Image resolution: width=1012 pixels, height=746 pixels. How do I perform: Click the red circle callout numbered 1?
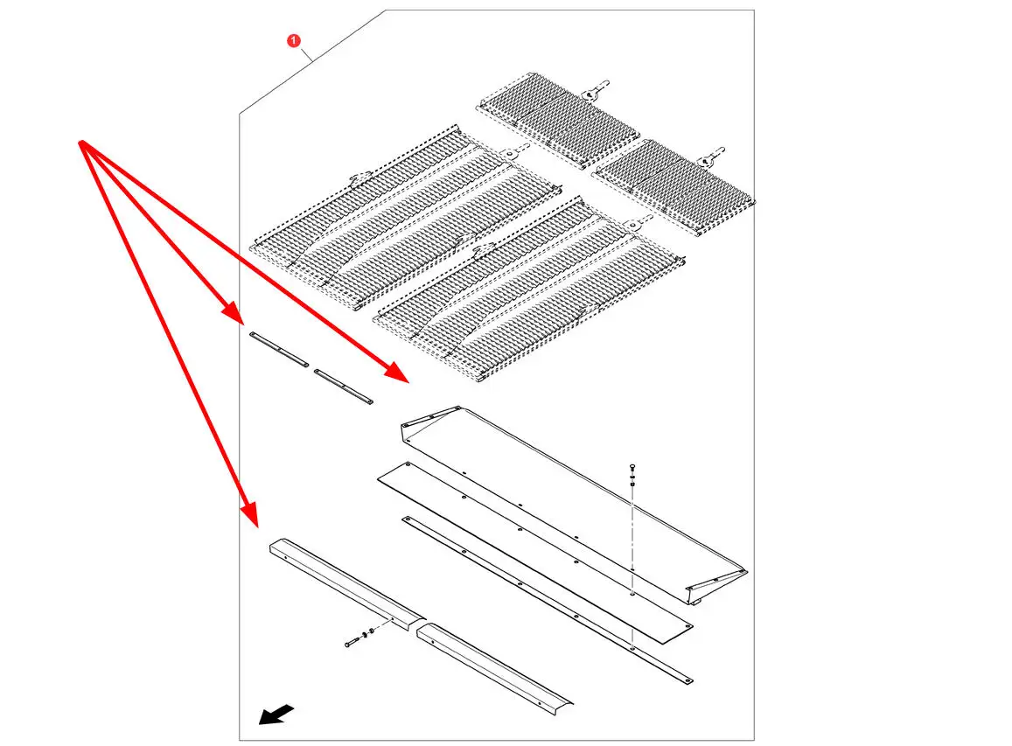[294, 40]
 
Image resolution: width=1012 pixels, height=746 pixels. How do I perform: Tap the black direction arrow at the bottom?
[276, 715]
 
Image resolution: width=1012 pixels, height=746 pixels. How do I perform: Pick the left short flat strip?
[279, 349]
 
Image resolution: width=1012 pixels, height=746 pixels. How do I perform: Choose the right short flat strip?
[344, 387]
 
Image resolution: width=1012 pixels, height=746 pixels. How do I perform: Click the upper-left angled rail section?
[347, 584]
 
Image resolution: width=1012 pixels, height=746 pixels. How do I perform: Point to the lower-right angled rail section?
[495, 668]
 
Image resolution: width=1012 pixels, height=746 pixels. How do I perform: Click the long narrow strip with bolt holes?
[548, 599]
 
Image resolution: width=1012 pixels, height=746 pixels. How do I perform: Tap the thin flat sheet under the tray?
[535, 553]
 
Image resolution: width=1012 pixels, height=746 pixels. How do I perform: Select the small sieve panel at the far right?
[674, 186]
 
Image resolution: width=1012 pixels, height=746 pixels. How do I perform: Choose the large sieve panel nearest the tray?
[529, 289]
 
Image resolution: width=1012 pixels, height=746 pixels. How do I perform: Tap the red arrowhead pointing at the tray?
[399, 373]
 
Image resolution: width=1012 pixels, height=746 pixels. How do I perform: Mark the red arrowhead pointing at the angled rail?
[250, 517]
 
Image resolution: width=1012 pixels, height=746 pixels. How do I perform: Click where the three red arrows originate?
[80, 142]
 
